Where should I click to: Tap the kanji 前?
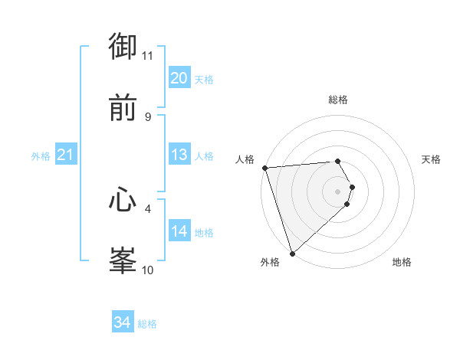coord(123,108)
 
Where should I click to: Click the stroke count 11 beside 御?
coord(148,56)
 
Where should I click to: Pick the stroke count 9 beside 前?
coord(148,117)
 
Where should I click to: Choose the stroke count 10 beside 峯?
coord(148,270)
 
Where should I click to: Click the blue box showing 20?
coord(179,78)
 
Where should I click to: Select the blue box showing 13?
coord(179,155)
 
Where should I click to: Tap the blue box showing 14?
coord(179,231)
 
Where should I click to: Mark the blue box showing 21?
coord(65,155)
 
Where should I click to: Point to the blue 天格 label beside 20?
coord(204,80)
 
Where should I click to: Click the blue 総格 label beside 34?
coord(147,325)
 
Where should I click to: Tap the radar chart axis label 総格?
coord(338,100)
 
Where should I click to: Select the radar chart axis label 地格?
coord(402,263)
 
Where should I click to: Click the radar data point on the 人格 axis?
coord(264,168)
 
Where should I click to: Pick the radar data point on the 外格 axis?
coord(292,253)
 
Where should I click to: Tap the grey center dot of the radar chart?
coord(338,191)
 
